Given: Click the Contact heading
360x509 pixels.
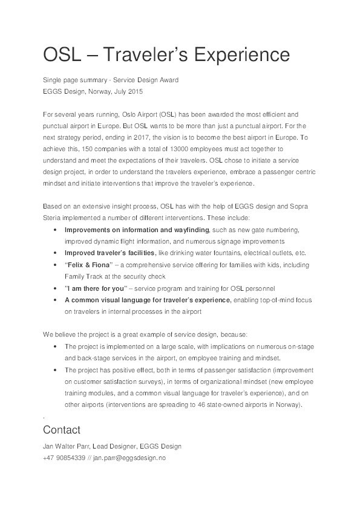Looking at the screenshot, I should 61,430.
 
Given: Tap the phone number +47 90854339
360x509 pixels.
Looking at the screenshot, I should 64,458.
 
